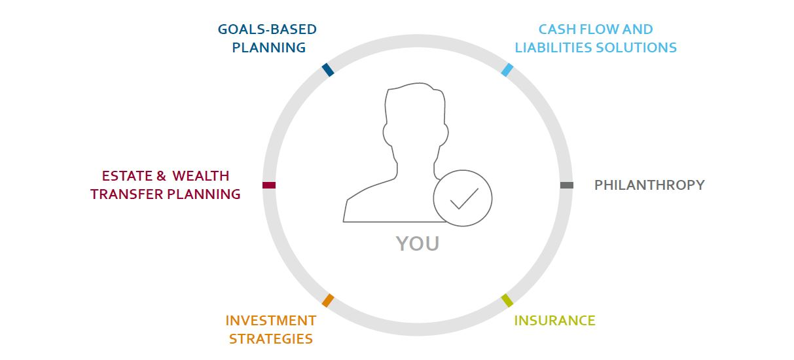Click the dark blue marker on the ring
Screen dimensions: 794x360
pyautogui.click(x=328, y=70)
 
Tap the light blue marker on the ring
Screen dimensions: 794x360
pyautogui.click(x=507, y=70)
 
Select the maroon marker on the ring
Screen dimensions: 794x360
pyautogui.click(x=269, y=185)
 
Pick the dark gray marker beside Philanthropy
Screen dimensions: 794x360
pyautogui.click(x=566, y=185)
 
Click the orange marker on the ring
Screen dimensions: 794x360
pyautogui.click(x=328, y=300)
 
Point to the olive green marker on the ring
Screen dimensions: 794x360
pyautogui.click(x=507, y=300)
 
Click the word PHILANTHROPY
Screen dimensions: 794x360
pyautogui.click(x=649, y=185)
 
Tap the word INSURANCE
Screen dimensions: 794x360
pyautogui.click(x=554, y=321)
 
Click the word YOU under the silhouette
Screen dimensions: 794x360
pyautogui.click(x=418, y=243)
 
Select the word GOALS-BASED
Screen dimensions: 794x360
pyautogui.click(x=267, y=29)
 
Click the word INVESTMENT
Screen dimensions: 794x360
pyautogui.click(x=271, y=321)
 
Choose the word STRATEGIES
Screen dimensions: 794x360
pyautogui.click(x=271, y=339)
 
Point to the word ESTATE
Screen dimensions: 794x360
pyautogui.click(x=127, y=176)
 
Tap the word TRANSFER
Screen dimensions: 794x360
pyautogui.click(x=127, y=194)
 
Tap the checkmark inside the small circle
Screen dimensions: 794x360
pyautogui.click(x=464, y=198)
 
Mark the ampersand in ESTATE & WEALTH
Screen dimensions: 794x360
pyautogui.click(x=161, y=176)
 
